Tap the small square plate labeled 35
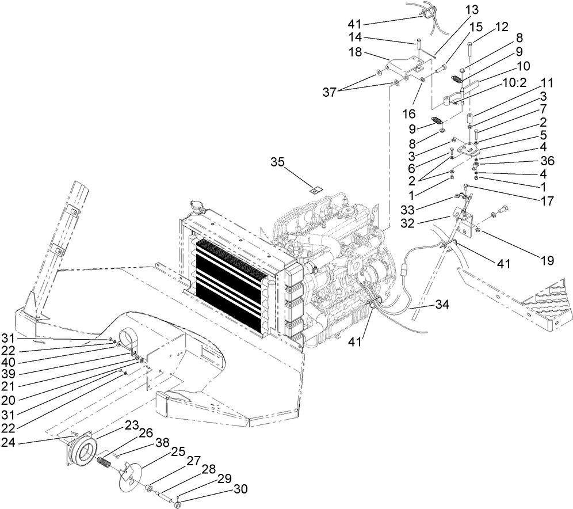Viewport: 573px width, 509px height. tap(314, 187)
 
